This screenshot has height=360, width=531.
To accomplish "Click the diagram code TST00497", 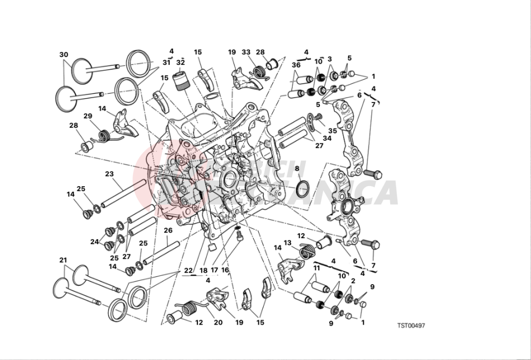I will pos(411,326).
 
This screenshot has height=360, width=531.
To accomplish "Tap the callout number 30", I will pos(64,54).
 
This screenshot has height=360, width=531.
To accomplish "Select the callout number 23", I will pos(109,173).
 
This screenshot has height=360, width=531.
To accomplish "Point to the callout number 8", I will pos(297,168).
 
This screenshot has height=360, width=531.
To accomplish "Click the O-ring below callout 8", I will pos(302,188).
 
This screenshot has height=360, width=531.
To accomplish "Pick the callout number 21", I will pos(63,260).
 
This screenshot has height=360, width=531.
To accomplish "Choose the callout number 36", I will pos(297,65).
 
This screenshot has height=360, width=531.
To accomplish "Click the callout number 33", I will pos(246,53).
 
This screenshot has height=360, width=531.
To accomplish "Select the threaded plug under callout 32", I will pos(181,81).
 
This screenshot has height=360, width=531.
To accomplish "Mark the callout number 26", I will pos(168,230).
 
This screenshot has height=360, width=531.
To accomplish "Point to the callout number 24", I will pos(94,241).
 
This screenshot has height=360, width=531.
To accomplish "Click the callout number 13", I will pos(288,243).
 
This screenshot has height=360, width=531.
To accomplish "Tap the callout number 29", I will pos(88,116).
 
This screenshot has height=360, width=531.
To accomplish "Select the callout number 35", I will pos(331,131).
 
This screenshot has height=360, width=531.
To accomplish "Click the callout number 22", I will pos(188,270).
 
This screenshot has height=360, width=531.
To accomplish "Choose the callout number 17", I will pos(215,270).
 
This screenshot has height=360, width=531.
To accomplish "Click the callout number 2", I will pos(353,281).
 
